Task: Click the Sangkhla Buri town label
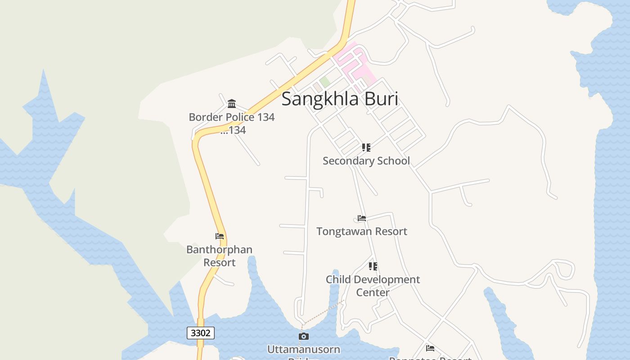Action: tap(340, 99)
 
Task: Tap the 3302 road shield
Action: tap(200, 333)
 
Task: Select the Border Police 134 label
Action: tap(231, 117)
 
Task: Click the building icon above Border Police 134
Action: tap(232, 104)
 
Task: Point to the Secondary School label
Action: tap(366, 161)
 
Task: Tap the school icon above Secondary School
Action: tap(366, 148)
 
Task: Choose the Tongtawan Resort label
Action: tap(362, 231)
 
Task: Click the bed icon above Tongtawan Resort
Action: tap(362, 218)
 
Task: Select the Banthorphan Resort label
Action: tap(220, 256)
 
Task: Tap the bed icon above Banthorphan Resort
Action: tap(220, 236)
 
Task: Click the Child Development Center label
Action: tap(373, 286)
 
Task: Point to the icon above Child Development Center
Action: tap(373, 266)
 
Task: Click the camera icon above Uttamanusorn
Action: tap(304, 336)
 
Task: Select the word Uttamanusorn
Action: tap(304, 349)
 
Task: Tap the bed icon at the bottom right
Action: tap(430, 348)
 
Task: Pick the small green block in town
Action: tap(325, 82)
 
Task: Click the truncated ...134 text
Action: tap(233, 130)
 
